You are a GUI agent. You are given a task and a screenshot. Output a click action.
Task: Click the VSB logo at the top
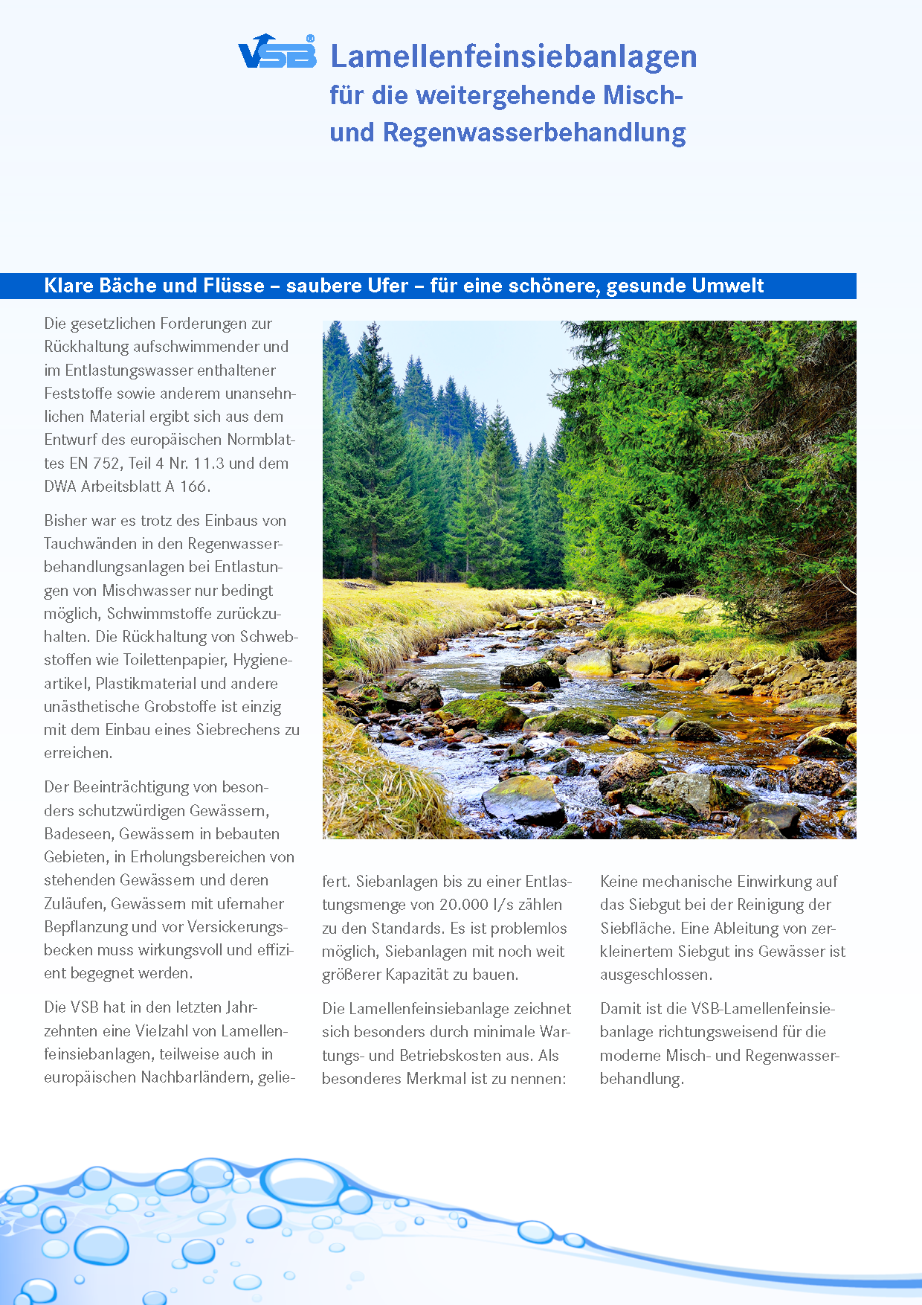[x=277, y=53]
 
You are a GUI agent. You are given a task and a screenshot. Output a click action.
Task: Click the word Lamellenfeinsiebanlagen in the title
[x=513, y=57]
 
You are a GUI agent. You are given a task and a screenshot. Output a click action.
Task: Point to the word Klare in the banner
[x=69, y=286]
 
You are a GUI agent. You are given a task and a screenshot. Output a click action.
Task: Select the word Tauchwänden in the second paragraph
[x=90, y=544]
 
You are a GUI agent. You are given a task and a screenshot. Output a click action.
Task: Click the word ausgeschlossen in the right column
[x=655, y=975]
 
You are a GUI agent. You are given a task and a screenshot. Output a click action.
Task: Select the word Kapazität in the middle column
[x=433, y=975]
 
